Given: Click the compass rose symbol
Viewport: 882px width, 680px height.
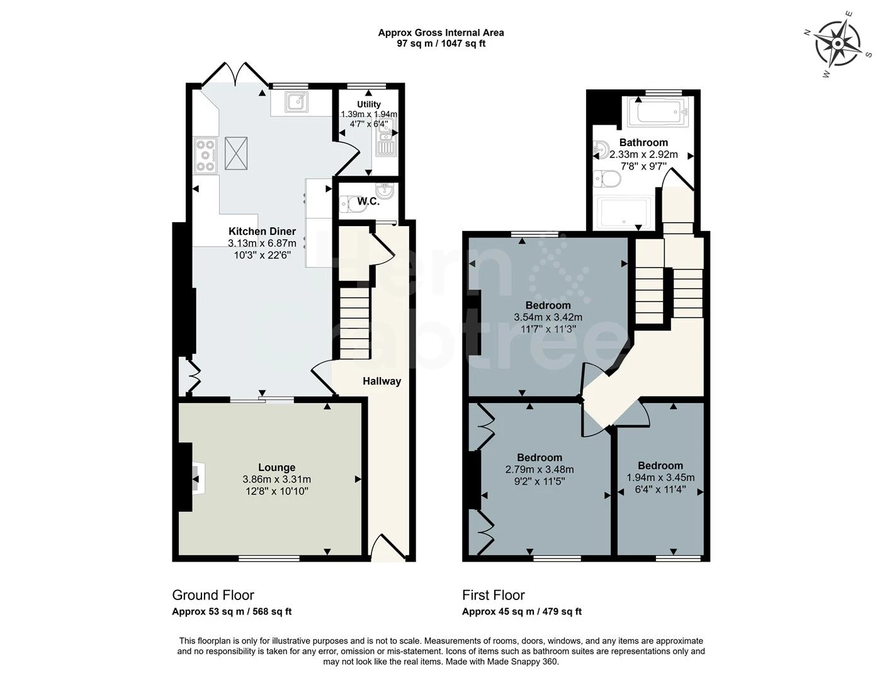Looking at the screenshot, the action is (x=838, y=44).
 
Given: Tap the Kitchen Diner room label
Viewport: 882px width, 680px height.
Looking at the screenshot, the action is (x=262, y=232).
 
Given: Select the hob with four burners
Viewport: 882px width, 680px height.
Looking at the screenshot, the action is (x=205, y=156).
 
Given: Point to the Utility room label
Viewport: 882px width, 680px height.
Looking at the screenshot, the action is (x=368, y=105).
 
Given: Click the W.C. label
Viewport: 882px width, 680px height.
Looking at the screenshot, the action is (x=368, y=201).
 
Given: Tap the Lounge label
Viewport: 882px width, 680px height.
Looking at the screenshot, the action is (x=277, y=467).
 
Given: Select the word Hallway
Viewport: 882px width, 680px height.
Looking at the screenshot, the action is (x=382, y=381).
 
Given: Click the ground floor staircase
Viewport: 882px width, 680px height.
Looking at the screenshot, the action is (x=354, y=323).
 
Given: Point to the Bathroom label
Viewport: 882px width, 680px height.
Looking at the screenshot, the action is (x=643, y=142).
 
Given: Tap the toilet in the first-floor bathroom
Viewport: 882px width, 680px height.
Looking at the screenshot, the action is (x=608, y=179).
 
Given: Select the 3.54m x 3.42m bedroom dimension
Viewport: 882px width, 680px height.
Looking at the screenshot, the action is (x=548, y=317).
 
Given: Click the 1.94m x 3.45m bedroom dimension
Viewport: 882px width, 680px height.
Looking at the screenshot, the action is (x=660, y=478).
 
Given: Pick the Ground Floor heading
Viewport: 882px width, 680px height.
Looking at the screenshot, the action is (x=213, y=595).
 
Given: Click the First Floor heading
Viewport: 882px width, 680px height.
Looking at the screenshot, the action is (x=493, y=595).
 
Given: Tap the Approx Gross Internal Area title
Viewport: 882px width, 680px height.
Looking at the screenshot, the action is (x=441, y=33).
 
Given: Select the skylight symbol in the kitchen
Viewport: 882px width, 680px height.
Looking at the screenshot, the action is (x=236, y=153).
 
